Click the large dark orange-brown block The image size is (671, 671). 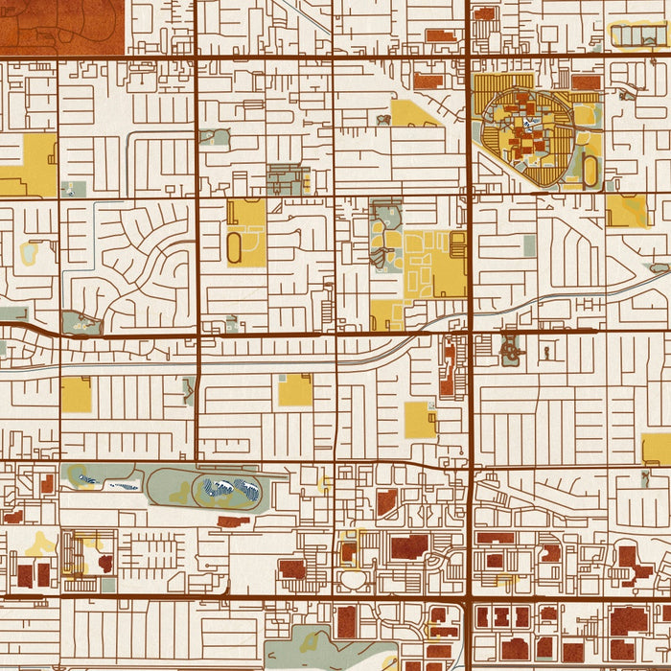click(x=62, y=25)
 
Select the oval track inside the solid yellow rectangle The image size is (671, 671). click(x=235, y=248)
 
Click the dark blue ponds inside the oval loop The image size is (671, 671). click(x=227, y=490)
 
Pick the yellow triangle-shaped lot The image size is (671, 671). click(x=411, y=115)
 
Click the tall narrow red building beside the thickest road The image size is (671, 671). click(x=448, y=369)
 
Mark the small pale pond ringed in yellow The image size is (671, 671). click(x=29, y=253)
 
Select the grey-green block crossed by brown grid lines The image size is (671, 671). click(x=288, y=179)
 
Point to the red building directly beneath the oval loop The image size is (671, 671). click(x=233, y=521)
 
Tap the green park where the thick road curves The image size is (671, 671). click(x=81, y=323)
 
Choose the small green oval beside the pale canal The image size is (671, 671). click(x=659, y=268)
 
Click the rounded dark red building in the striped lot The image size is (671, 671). click(x=104, y=563)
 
